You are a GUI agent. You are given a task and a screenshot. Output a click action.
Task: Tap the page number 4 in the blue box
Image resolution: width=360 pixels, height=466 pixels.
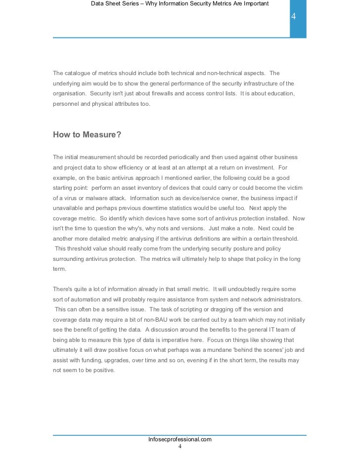pyautogui.click(x=293, y=17)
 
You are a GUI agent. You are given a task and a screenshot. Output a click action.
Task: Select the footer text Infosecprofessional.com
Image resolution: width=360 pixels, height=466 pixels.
pyautogui.click(x=180, y=439)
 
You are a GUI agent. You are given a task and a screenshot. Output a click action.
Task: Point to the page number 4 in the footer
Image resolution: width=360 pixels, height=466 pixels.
pyautogui.click(x=180, y=446)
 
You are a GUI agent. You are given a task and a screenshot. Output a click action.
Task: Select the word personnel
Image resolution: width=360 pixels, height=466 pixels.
pyautogui.click(x=66, y=104)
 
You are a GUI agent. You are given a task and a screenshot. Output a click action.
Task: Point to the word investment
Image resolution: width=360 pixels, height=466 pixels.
pyautogui.click(x=257, y=167)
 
